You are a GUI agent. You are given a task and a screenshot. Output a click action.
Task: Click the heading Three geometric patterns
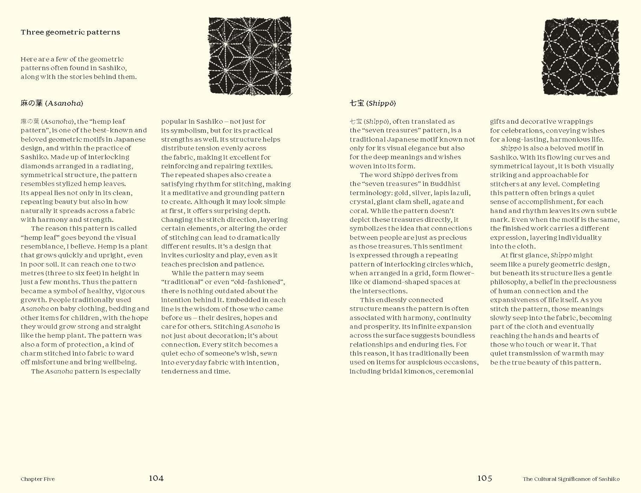point(70,32)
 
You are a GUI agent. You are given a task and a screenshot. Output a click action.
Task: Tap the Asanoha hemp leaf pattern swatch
point(250,56)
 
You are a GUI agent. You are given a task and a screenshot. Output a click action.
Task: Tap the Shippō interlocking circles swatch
point(581,57)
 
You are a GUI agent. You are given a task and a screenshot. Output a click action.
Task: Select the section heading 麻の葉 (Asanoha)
point(52,103)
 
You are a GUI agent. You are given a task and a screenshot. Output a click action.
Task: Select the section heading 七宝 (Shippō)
point(373,103)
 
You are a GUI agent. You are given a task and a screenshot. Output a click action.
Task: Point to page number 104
point(156,478)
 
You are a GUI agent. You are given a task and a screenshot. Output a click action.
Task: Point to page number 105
point(485,478)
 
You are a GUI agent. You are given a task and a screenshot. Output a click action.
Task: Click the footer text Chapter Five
point(38,479)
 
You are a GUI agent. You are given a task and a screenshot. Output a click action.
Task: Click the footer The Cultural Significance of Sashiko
point(571,479)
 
